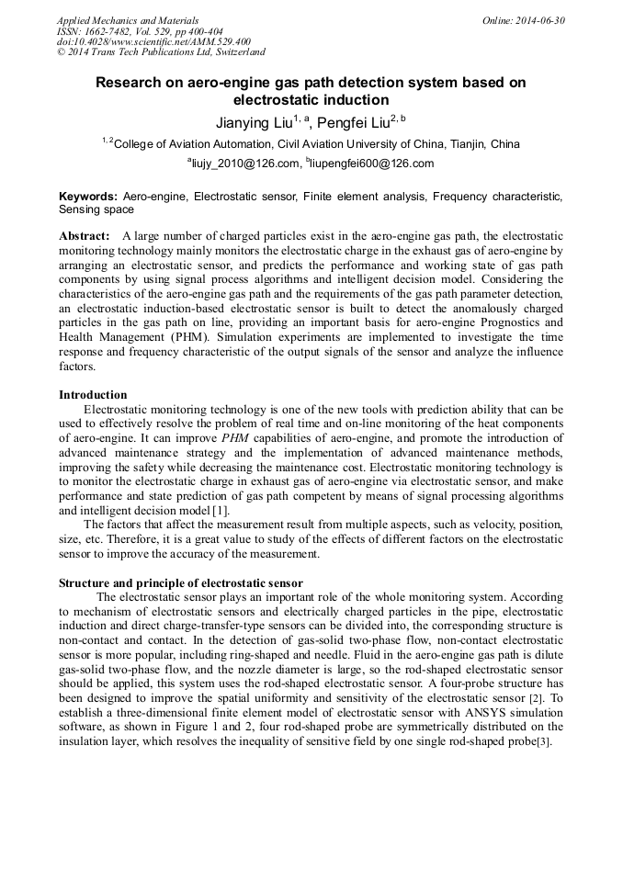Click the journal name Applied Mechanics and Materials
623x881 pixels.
[127, 20]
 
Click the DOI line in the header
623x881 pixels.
[153, 42]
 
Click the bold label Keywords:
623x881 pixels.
[88, 197]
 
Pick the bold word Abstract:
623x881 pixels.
[85, 236]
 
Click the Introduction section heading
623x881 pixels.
[93, 394]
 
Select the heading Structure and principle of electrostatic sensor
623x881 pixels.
[181, 583]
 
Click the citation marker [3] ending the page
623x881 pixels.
[545, 742]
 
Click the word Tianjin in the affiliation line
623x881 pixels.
[468, 144]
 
